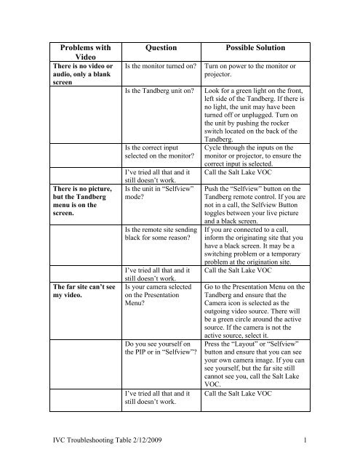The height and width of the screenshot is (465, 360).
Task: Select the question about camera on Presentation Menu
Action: point(156,307)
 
